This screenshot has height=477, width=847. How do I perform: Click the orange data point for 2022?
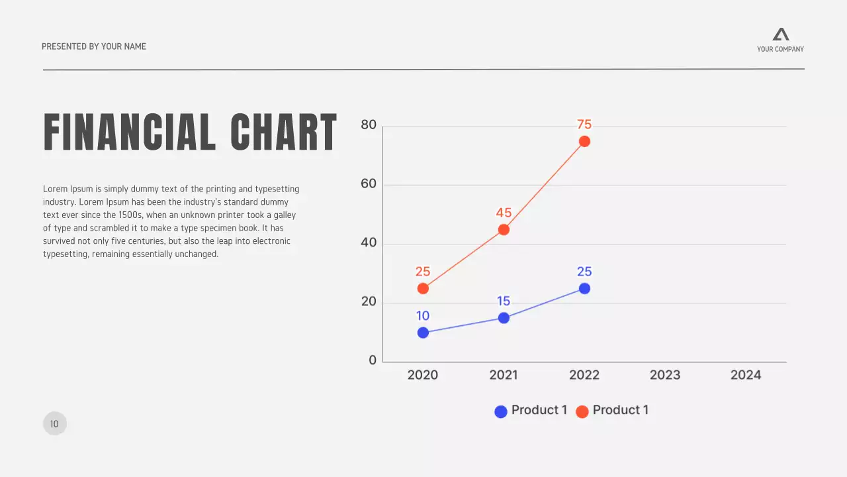(x=584, y=141)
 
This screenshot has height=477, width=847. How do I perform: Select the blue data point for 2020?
(x=423, y=333)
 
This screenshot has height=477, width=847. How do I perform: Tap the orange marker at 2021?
(x=504, y=230)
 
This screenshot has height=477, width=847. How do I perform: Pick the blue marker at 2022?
(x=584, y=288)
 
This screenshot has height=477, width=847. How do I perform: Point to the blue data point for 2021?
(x=504, y=318)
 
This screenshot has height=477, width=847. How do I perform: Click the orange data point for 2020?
(x=423, y=288)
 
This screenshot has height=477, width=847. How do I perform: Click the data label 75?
(x=584, y=125)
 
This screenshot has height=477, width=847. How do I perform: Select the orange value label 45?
(x=504, y=213)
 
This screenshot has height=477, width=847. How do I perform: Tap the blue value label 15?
(x=504, y=301)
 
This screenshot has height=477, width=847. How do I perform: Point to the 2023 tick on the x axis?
(x=665, y=375)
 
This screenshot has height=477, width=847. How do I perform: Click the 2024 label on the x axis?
(x=746, y=375)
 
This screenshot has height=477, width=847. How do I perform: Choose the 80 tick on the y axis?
(x=369, y=125)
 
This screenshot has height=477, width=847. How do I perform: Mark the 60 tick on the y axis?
(x=369, y=184)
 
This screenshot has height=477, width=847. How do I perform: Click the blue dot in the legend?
(x=501, y=411)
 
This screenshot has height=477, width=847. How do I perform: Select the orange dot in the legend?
(x=582, y=411)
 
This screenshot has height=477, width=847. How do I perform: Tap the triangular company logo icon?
(x=781, y=34)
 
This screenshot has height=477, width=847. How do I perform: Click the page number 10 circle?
(x=55, y=423)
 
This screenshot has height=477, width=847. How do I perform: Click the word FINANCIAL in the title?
(x=130, y=132)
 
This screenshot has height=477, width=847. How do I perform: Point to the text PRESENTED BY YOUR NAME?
(x=94, y=46)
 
